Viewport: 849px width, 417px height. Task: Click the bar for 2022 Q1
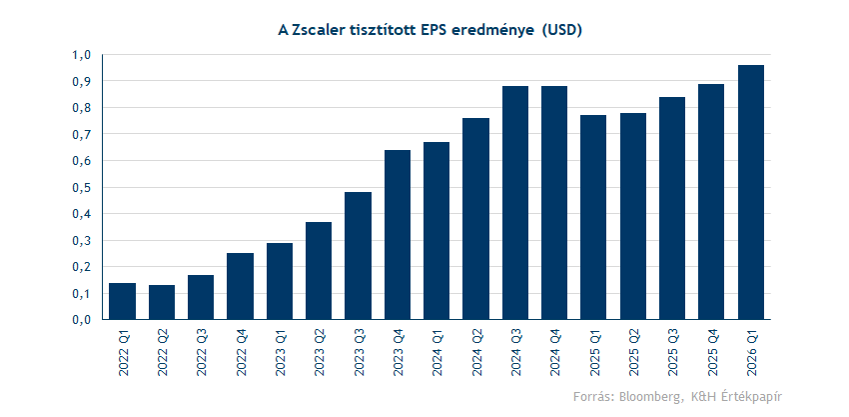coord(122,301)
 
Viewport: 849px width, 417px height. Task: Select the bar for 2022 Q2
coord(162,302)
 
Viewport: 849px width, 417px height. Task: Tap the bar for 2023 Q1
coord(280,281)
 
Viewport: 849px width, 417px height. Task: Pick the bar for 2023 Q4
coord(398,235)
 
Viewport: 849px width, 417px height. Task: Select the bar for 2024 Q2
coord(475,219)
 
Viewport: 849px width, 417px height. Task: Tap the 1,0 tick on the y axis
coord(83,54)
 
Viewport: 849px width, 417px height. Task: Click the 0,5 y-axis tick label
coord(83,187)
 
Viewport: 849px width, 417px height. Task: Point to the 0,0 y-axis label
coord(83,320)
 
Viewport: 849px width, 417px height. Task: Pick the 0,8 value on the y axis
coord(83,107)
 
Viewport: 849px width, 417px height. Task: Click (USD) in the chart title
coord(560,30)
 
